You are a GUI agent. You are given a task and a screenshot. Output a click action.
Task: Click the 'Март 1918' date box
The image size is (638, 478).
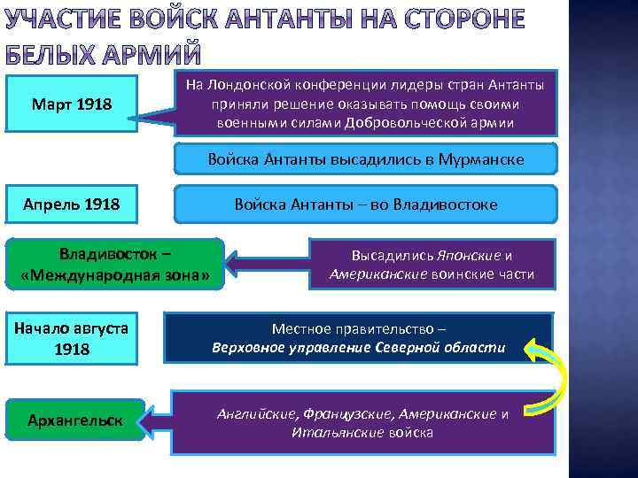click(72, 104)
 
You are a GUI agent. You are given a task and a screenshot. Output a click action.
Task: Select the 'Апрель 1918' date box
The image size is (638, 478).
click(72, 204)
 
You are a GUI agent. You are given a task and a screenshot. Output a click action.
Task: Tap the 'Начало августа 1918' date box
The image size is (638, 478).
click(72, 338)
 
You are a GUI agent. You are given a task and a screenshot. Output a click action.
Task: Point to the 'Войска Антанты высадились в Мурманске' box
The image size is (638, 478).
click(366, 159)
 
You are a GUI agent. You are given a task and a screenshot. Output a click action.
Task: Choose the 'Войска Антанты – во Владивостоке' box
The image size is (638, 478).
click(366, 204)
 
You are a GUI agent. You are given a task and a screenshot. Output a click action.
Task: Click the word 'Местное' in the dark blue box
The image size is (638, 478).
click(304, 328)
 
